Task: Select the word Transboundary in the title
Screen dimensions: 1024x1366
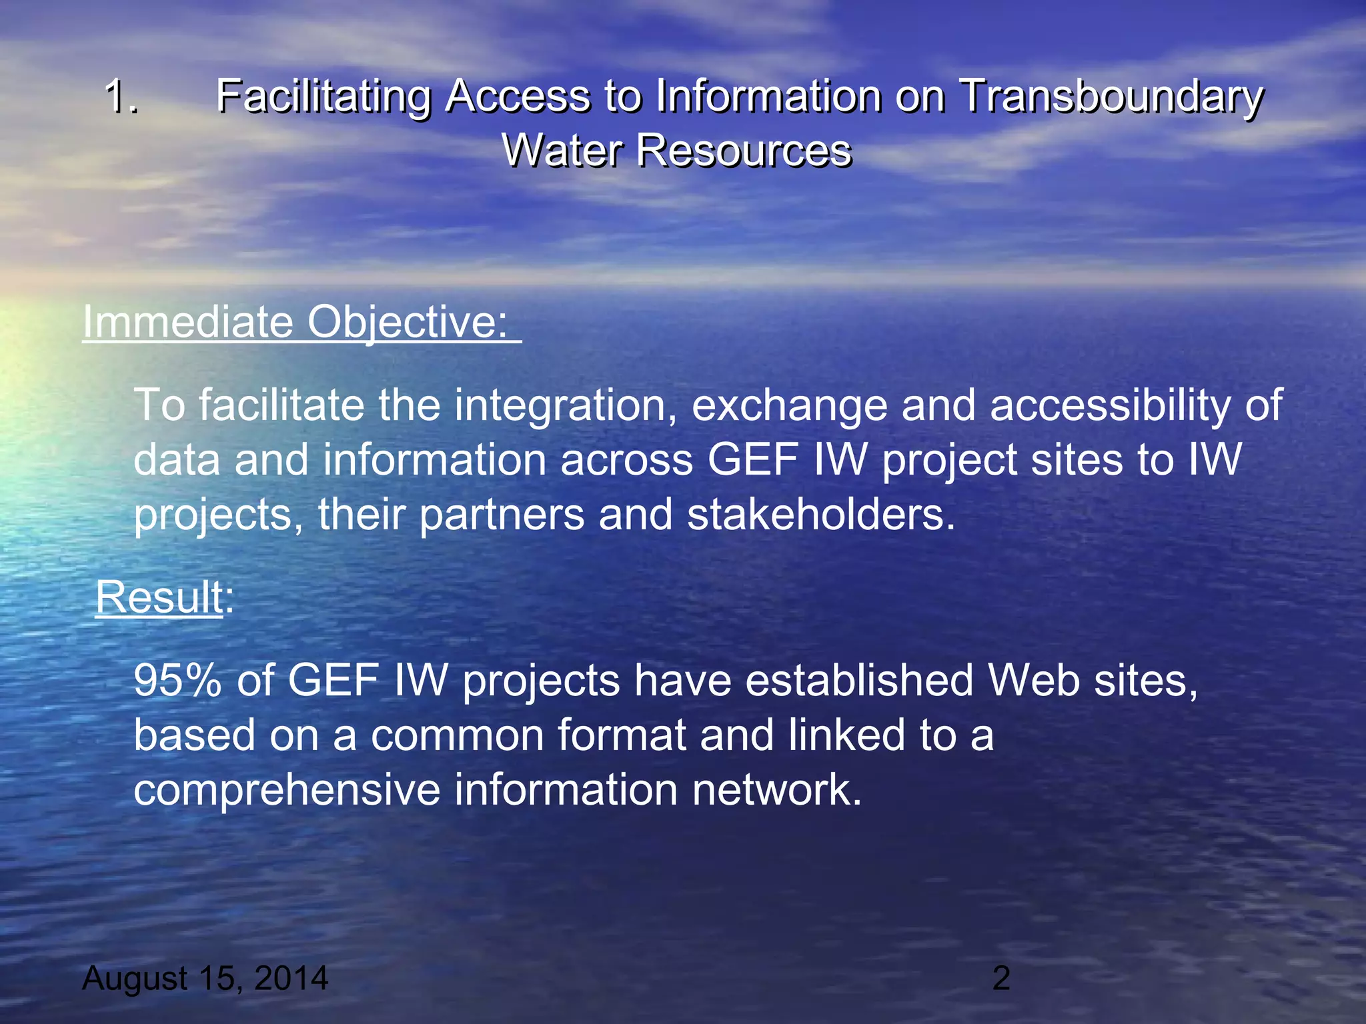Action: point(1111,97)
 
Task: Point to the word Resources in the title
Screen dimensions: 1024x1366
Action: point(744,150)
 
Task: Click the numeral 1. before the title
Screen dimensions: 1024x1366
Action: point(121,97)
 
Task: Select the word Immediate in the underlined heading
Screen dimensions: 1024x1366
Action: point(187,322)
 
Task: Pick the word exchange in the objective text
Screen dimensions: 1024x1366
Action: point(790,405)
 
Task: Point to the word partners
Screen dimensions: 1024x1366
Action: point(502,515)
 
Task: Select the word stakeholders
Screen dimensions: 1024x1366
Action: point(820,515)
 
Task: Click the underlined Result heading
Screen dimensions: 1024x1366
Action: point(159,597)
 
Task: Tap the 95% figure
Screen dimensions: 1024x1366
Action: point(177,681)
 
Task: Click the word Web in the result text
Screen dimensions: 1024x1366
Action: point(1033,681)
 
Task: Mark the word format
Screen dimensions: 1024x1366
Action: point(622,735)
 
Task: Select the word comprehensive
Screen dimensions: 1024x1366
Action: point(287,790)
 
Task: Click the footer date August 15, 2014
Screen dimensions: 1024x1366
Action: point(205,979)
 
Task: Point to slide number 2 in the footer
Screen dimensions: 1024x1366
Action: point(1000,979)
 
